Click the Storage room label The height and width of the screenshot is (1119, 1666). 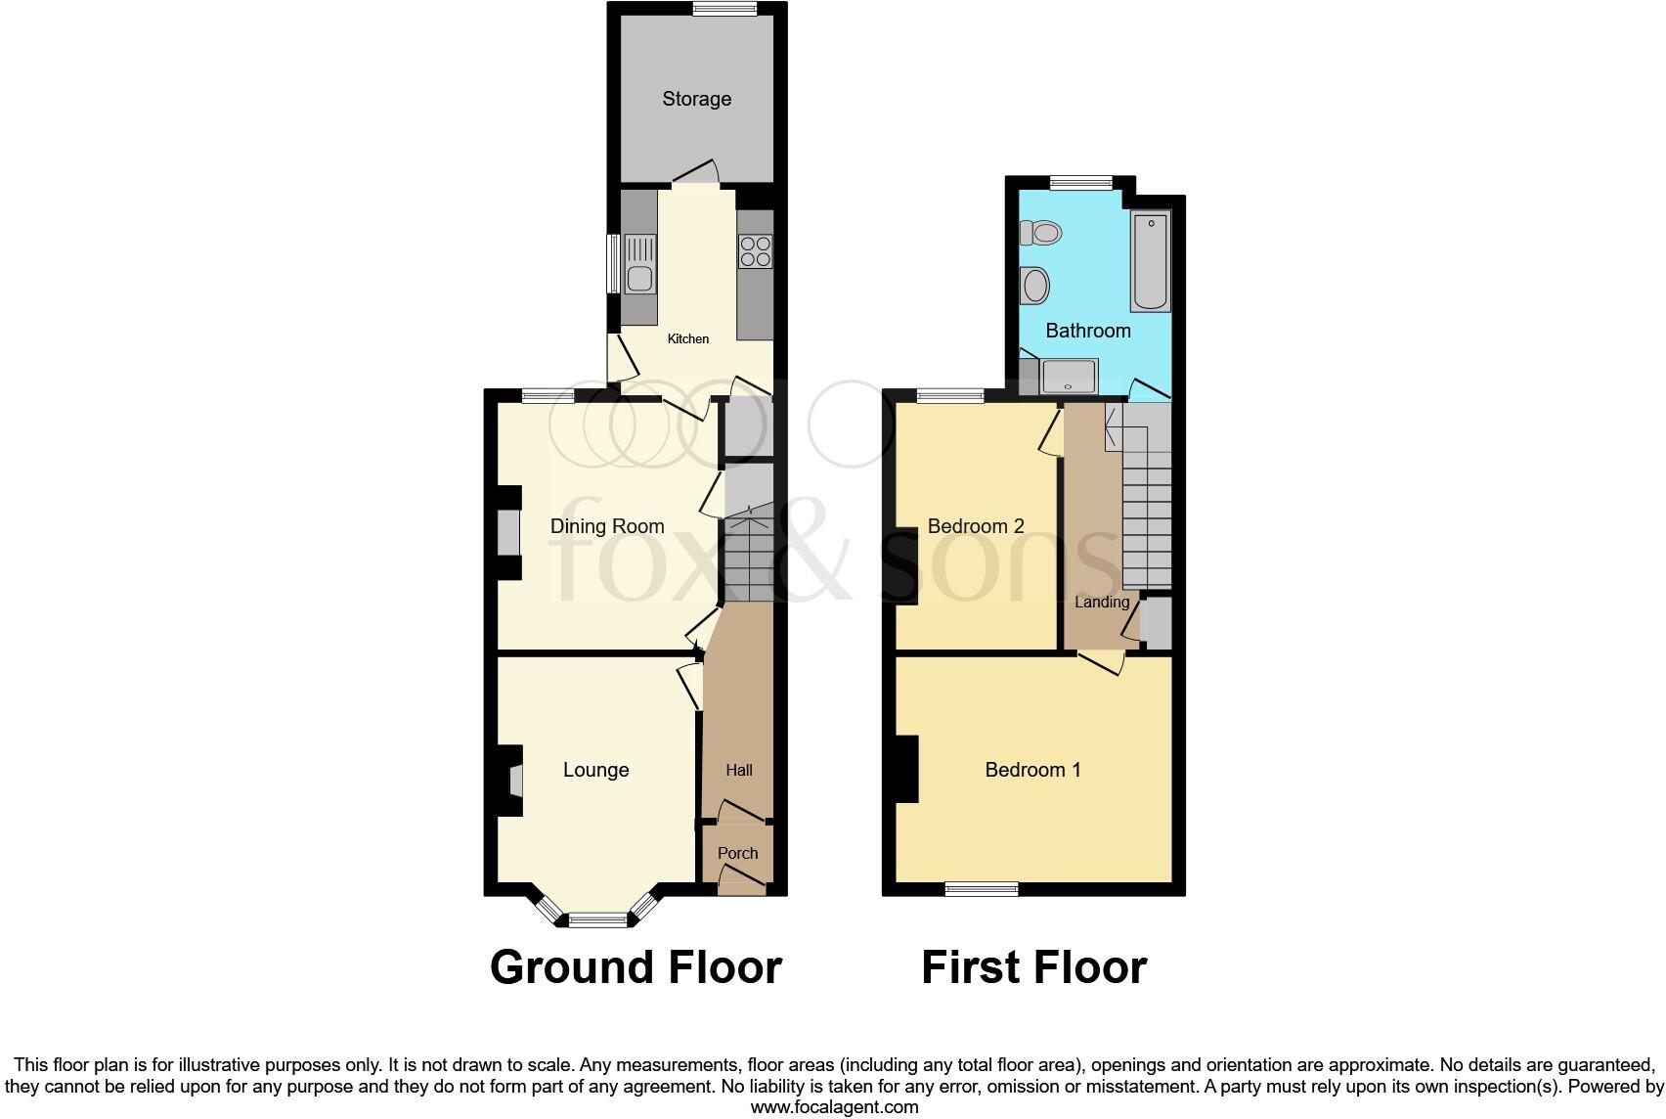696,99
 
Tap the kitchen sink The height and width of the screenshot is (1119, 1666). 639,265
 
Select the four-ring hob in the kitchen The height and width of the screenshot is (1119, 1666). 755,251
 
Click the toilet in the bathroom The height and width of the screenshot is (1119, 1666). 1041,233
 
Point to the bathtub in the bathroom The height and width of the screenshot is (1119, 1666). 1150,261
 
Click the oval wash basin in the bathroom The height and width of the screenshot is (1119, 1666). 1035,287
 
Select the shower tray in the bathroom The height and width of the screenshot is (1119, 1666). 1069,377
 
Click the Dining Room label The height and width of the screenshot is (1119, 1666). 607,526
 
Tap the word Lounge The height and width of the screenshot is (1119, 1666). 595,770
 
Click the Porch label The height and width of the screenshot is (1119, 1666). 737,853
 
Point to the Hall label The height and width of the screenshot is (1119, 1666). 739,771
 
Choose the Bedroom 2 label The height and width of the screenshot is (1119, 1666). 976,526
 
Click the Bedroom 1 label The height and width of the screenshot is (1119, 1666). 1032,770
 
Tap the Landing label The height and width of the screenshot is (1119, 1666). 1102,603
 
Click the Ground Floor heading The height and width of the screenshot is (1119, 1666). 636,967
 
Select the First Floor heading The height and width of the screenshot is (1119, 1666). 1033,967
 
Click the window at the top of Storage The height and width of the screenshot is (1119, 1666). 724,9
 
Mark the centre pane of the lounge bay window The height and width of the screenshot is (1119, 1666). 597,919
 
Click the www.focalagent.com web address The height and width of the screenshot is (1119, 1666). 834,1107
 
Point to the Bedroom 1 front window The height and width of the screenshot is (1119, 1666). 982,889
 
